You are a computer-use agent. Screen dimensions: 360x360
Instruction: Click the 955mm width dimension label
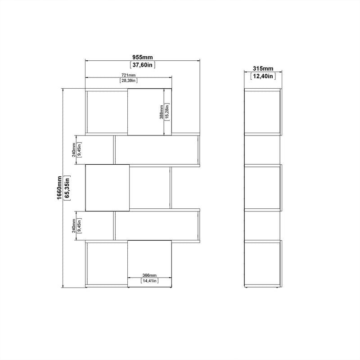pyautogui.click(x=142, y=57)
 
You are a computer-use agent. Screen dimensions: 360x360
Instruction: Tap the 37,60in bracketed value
pyautogui.click(x=142, y=65)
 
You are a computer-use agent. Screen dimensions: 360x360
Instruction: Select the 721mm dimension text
pyautogui.click(x=128, y=75)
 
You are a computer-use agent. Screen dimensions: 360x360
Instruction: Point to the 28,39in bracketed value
pyautogui.click(x=129, y=81)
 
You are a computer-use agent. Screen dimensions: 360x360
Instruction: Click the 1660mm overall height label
pyautogui.click(x=59, y=188)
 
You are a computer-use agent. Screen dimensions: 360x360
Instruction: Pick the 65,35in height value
pyautogui.click(x=67, y=188)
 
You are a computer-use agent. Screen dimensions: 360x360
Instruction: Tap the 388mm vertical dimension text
pyautogui.click(x=162, y=112)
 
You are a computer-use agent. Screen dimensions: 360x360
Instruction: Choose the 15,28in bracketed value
pyautogui.click(x=167, y=112)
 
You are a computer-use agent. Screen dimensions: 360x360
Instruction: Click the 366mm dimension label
pyautogui.click(x=149, y=275)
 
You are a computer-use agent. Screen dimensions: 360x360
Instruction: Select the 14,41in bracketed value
pyautogui.click(x=149, y=280)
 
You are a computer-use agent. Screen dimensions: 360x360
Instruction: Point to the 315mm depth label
pyautogui.click(x=263, y=68)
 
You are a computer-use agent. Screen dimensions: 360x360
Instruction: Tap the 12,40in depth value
pyautogui.click(x=263, y=76)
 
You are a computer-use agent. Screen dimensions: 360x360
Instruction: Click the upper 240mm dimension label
pyautogui.click(x=74, y=150)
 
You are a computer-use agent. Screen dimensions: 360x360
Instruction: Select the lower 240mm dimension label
pyautogui.click(x=74, y=226)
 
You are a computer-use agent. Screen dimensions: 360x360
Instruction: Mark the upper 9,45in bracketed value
pyautogui.click(x=79, y=150)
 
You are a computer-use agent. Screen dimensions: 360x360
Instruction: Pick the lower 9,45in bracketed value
pyautogui.click(x=79, y=226)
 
